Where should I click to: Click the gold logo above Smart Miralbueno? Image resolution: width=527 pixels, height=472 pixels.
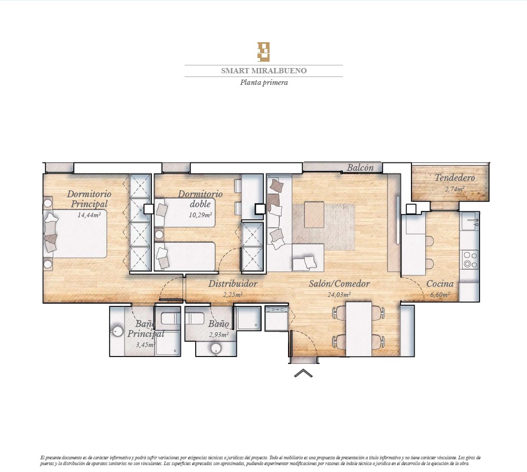(x=264, y=52)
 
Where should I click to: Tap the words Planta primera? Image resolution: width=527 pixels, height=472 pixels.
(x=264, y=83)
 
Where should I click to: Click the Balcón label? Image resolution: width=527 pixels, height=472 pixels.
(x=360, y=168)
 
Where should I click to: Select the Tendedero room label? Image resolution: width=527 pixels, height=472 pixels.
(x=455, y=177)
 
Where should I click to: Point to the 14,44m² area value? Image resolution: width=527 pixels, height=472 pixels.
(x=89, y=215)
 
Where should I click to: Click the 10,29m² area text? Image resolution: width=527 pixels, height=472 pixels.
(x=200, y=215)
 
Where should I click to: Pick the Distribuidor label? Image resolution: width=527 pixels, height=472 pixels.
(x=233, y=284)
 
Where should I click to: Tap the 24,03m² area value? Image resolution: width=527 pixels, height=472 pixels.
(x=339, y=295)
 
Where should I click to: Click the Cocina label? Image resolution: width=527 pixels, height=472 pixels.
(x=440, y=284)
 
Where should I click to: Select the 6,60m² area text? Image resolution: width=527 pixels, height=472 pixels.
(x=440, y=295)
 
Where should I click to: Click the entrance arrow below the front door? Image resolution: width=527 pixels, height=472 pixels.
(x=303, y=373)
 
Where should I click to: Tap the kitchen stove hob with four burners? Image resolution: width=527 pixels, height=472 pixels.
(x=471, y=259)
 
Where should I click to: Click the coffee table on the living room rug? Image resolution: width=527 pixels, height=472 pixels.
(x=314, y=215)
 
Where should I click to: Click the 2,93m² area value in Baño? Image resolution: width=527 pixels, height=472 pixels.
(x=219, y=335)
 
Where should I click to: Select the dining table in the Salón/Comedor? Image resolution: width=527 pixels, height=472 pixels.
(x=359, y=329)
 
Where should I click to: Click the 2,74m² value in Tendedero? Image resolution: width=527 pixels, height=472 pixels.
(x=455, y=189)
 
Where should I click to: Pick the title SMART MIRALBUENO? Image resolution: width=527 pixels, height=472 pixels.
(x=264, y=71)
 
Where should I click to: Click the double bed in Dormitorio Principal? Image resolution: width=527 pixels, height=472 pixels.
(x=75, y=234)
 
